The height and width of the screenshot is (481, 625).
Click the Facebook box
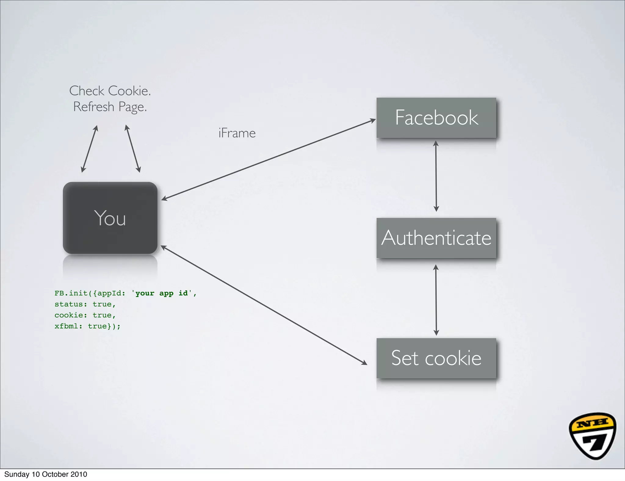coord(436,118)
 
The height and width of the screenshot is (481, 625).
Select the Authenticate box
coord(436,238)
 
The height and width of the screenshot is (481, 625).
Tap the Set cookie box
coord(436,358)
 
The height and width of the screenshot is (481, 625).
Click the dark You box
coord(110,218)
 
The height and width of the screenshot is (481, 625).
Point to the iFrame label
coord(237,133)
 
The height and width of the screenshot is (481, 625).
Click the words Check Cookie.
coord(110,91)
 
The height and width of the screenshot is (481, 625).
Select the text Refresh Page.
coord(110,107)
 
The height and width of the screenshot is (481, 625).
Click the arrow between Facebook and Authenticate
coord(436,176)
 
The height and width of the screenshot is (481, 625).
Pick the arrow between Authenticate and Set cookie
coord(436,300)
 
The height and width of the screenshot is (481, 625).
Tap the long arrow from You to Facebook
coord(269,160)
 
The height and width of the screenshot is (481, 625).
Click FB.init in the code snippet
coord(71,293)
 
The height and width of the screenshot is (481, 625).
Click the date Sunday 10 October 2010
coord(46,474)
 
